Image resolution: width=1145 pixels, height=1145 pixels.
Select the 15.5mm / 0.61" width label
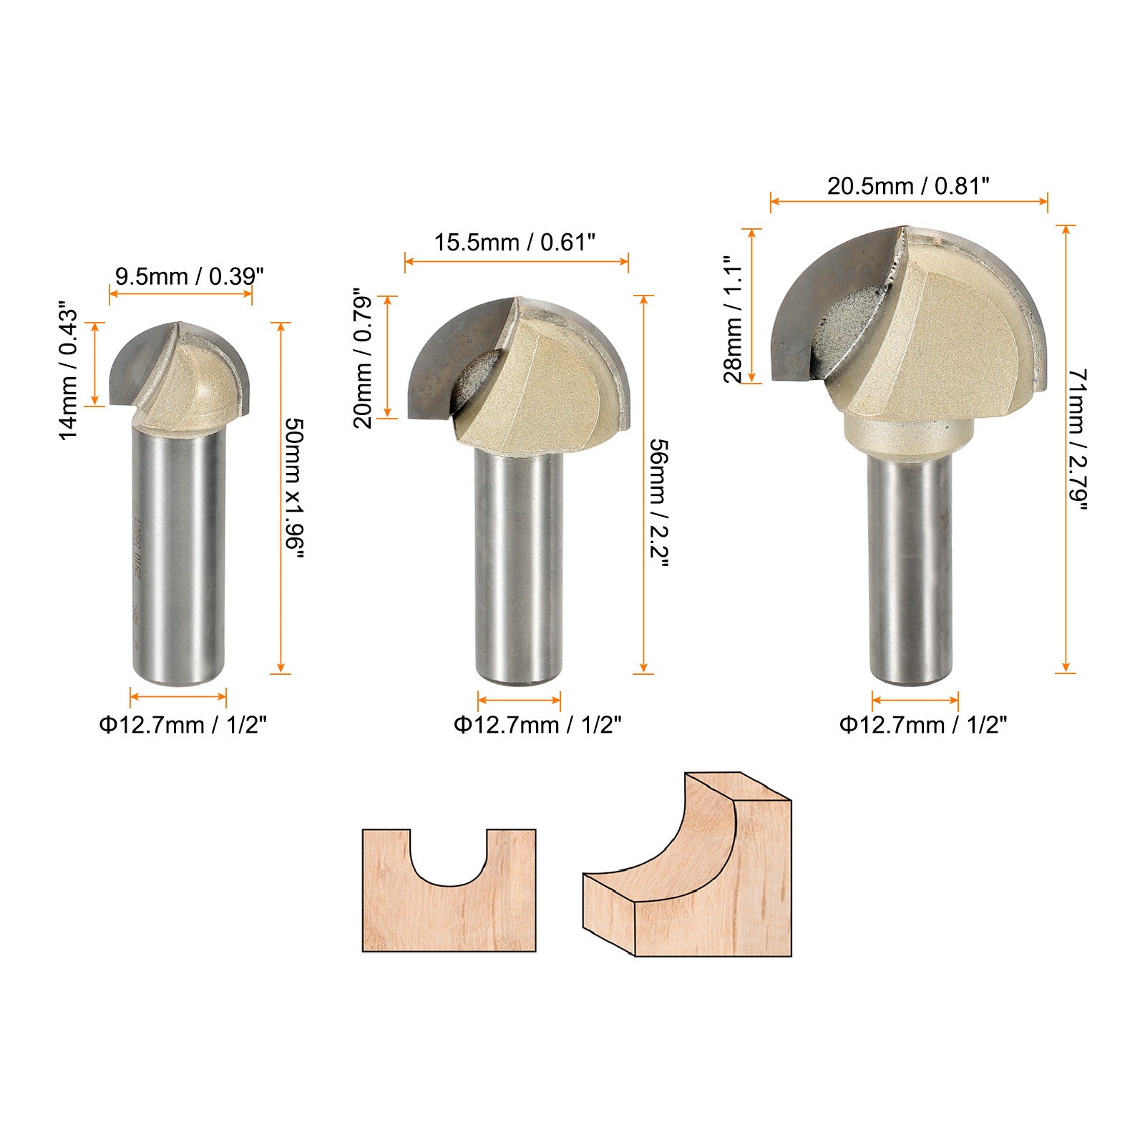[515, 243]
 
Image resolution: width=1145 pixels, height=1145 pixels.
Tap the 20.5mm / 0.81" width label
[908, 186]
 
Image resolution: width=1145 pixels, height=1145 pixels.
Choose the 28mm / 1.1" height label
[734, 320]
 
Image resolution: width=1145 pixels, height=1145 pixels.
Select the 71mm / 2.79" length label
[1078, 439]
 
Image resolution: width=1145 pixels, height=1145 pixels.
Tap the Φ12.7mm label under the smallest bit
[182, 725]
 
